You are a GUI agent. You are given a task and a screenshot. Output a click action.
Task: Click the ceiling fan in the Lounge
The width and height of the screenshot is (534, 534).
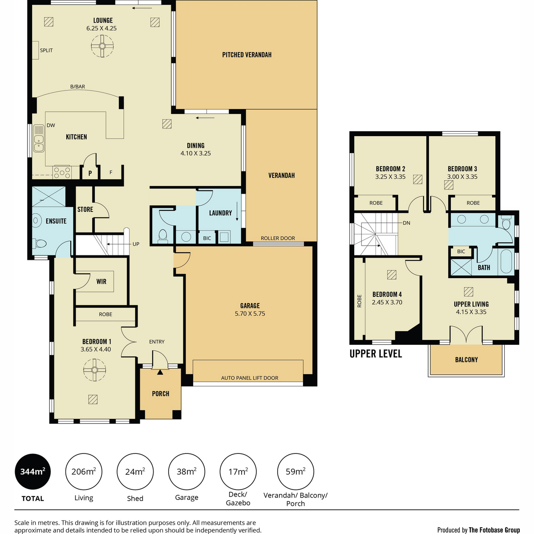click(x=102, y=46)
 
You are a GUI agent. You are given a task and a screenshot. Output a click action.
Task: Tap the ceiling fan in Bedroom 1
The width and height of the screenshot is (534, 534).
click(x=94, y=370)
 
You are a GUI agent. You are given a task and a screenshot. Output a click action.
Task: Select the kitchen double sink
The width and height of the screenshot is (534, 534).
click(x=39, y=138)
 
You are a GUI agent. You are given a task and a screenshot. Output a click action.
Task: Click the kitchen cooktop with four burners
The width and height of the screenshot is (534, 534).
click(x=62, y=172)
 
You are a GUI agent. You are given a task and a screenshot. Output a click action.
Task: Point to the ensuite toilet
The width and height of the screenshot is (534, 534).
click(x=40, y=244)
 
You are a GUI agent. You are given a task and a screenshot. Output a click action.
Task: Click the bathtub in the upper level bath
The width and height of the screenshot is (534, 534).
click(x=506, y=261)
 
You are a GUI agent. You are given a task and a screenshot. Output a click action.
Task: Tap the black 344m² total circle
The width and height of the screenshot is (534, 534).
click(x=32, y=471)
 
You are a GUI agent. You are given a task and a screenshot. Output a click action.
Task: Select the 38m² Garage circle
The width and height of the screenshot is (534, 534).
click(x=186, y=471)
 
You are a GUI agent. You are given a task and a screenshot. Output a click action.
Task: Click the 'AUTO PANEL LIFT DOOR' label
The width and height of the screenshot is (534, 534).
click(x=249, y=378)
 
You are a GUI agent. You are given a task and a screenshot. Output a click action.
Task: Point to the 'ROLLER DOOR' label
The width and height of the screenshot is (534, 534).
click(x=278, y=238)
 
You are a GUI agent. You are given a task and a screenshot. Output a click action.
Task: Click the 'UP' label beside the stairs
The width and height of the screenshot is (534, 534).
click(x=136, y=244)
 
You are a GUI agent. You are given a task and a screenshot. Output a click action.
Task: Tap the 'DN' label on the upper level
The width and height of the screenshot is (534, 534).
click(x=406, y=223)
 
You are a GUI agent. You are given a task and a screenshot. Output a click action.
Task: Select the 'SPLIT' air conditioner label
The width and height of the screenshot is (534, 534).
click(x=46, y=50)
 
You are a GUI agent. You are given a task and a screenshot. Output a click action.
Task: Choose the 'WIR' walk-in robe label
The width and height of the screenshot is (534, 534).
click(x=101, y=282)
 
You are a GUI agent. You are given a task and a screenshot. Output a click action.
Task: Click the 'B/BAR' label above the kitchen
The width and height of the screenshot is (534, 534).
click(x=77, y=86)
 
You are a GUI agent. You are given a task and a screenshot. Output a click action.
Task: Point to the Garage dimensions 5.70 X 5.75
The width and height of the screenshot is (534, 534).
click(x=250, y=313)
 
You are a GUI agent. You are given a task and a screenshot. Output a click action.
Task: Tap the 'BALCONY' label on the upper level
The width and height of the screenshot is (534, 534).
click(x=466, y=360)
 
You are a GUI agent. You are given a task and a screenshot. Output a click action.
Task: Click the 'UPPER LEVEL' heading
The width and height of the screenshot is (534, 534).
click(x=376, y=354)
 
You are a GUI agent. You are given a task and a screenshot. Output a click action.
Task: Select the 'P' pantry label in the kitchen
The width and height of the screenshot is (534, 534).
click(x=90, y=174)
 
